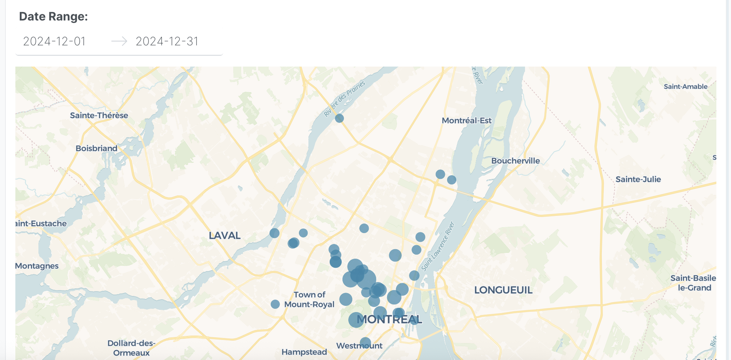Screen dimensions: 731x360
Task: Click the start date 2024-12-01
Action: tap(54, 41)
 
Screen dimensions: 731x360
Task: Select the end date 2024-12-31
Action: tap(167, 41)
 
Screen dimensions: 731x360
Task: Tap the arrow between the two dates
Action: tap(119, 41)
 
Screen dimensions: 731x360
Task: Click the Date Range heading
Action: tap(53, 16)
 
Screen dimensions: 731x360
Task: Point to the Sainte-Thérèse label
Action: tap(99, 115)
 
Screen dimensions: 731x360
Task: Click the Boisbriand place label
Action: tap(96, 148)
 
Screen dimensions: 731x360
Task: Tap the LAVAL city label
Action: tap(224, 236)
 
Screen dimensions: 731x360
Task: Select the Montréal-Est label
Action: tap(466, 120)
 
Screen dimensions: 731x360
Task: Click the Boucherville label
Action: tap(515, 161)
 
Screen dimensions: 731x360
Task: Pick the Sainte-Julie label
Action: tap(638, 179)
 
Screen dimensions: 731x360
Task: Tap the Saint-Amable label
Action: tap(685, 87)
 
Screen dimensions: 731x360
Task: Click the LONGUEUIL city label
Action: tap(503, 290)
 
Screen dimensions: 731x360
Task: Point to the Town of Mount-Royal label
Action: tap(309, 299)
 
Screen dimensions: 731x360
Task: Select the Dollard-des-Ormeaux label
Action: tap(131, 348)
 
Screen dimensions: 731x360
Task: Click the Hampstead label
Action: tap(304, 352)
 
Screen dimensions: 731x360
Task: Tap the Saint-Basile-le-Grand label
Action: tap(693, 283)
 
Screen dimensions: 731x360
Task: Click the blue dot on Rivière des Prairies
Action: tap(339, 118)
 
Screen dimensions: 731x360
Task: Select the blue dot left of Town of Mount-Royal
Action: tap(275, 304)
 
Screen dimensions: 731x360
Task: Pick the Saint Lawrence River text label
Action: tap(438, 247)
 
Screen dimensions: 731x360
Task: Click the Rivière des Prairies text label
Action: tap(344, 99)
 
